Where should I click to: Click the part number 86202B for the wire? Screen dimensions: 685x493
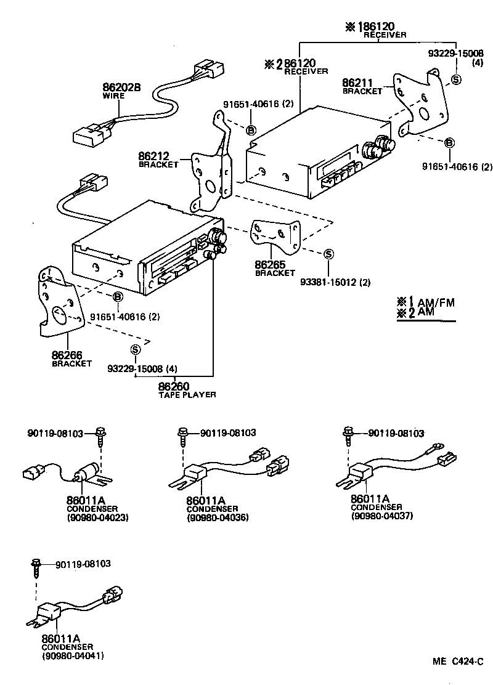pos(121,87)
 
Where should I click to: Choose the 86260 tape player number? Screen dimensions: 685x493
pos(173,387)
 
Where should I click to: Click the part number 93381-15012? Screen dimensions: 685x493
pos(335,282)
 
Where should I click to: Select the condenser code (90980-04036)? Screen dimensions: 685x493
pos(218,518)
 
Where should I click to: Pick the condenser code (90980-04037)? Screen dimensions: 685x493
pos(381,516)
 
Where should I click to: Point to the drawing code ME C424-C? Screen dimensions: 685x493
pos(457,663)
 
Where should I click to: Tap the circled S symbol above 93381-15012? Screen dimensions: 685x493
pos(328,254)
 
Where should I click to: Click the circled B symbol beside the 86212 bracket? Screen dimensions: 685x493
pos(251,129)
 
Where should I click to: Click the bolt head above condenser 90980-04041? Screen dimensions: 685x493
pos(36,562)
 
